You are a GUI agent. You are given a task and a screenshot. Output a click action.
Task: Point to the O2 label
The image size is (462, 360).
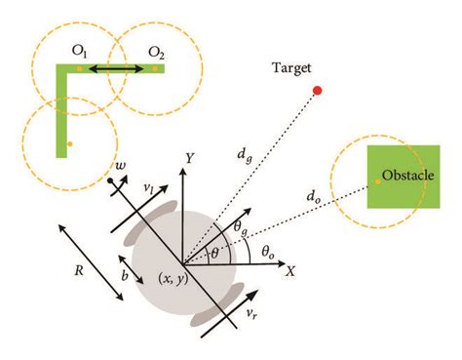pos(156,52)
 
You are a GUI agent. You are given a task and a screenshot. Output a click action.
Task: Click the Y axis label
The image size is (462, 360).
pos(193,156)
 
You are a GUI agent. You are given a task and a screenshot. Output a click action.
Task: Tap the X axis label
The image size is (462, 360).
pos(289,273)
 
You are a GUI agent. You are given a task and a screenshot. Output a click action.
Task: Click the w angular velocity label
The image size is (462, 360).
pos(120,167)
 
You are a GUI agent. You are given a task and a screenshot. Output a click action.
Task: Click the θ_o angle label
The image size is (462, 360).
pos(268,251)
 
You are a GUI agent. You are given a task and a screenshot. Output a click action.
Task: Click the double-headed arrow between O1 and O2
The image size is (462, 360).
pos(118,68)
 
